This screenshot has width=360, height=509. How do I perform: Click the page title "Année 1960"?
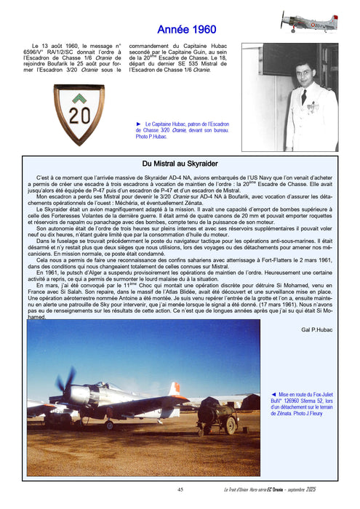187,29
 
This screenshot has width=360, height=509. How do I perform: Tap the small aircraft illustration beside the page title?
309,20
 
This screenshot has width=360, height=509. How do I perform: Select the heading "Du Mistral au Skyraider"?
180,164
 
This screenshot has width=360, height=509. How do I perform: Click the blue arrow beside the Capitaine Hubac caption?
140,124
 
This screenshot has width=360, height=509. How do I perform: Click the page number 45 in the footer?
180,489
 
